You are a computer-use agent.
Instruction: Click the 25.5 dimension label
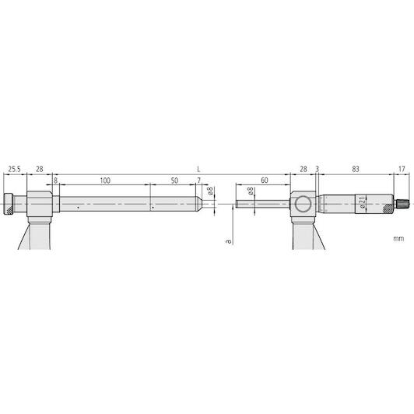pyautogui.click(x=14, y=169)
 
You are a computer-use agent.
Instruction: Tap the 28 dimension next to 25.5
pyautogui.click(x=40, y=169)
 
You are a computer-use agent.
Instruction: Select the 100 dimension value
pyautogui.click(x=105, y=181)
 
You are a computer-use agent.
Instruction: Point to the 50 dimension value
pyautogui.click(x=174, y=181)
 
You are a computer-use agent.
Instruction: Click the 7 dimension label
pyautogui.click(x=198, y=181)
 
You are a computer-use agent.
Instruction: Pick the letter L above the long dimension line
pyautogui.click(x=198, y=169)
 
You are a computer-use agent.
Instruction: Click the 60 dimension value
pyautogui.click(x=265, y=181)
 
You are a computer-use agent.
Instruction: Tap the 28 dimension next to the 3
pyautogui.click(x=303, y=169)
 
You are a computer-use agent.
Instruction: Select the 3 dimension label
pyautogui.click(x=318, y=169)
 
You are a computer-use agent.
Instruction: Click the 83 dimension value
pyautogui.click(x=356, y=169)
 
